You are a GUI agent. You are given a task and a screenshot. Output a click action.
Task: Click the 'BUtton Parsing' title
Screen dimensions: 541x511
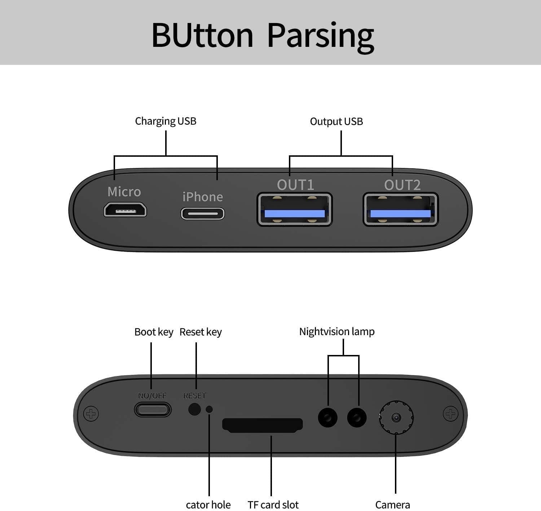(263, 36)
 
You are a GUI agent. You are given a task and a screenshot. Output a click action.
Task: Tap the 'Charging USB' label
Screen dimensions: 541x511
(166, 121)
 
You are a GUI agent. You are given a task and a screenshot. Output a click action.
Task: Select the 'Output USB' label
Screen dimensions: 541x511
(336, 121)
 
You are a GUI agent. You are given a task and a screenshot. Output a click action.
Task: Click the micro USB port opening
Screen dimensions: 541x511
(125, 210)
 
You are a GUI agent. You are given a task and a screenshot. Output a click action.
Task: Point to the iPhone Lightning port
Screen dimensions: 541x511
(203, 214)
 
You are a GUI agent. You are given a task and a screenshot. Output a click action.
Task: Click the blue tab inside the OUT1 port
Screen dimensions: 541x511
(294, 214)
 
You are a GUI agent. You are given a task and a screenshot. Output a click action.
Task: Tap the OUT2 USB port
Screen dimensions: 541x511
(401, 210)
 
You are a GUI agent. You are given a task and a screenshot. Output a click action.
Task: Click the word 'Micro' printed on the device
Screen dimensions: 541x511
(124, 192)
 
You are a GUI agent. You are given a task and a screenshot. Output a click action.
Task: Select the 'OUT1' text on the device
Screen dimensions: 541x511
(295, 185)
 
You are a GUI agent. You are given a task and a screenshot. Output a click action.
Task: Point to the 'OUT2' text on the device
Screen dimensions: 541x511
(402, 185)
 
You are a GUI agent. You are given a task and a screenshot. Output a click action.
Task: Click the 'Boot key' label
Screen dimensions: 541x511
(154, 332)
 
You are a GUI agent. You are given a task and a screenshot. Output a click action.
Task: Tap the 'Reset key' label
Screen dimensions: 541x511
(201, 332)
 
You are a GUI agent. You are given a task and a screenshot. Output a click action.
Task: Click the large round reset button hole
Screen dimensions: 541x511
(194, 409)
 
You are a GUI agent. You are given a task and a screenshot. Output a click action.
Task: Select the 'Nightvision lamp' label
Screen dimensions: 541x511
(337, 332)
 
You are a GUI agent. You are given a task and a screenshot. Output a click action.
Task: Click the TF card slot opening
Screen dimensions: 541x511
(263, 425)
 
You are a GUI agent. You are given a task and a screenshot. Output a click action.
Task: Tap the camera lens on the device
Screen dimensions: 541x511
(396, 417)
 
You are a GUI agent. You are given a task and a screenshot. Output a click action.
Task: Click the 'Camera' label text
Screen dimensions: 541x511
(392, 505)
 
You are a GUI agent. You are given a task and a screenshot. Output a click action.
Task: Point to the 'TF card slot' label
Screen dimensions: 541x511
(273, 505)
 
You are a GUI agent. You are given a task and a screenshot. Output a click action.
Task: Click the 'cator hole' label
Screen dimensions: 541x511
(208, 505)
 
